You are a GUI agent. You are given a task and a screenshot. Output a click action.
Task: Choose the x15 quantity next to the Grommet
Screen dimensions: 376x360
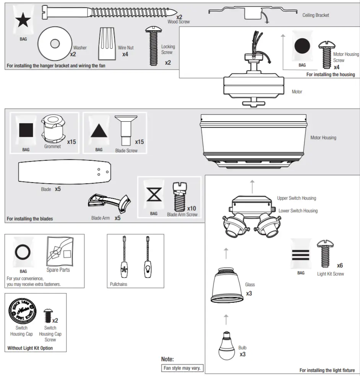tap(71, 142)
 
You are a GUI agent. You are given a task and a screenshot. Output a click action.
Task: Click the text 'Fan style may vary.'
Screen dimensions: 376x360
tap(183, 368)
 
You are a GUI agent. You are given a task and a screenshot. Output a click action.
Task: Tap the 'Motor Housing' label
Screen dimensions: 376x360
tap(323, 138)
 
